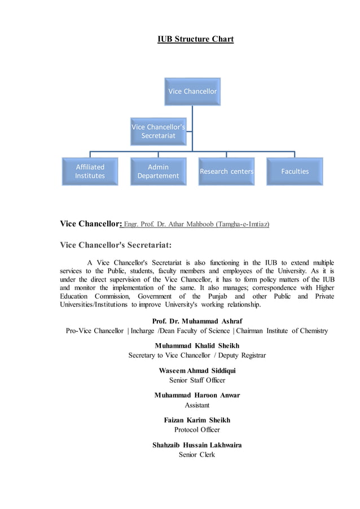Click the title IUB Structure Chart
(195, 39)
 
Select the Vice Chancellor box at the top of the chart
(192, 91)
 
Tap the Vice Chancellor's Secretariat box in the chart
(158, 131)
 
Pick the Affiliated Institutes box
(90, 172)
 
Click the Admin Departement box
(158, 172)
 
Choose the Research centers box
(226, 172)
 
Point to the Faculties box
(295, 172)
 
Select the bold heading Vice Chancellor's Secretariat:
(116, 245)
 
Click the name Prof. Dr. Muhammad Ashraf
(197, 321)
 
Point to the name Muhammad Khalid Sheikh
(197, 345)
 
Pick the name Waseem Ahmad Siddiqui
(197, 371)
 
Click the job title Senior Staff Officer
(197, 380)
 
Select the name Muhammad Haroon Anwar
(197, 396)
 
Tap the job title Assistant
(197, 405)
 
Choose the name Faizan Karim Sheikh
(197, 420)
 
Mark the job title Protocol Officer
(197, 430)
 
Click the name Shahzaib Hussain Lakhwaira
(197, 445)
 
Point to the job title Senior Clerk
(197, 455)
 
